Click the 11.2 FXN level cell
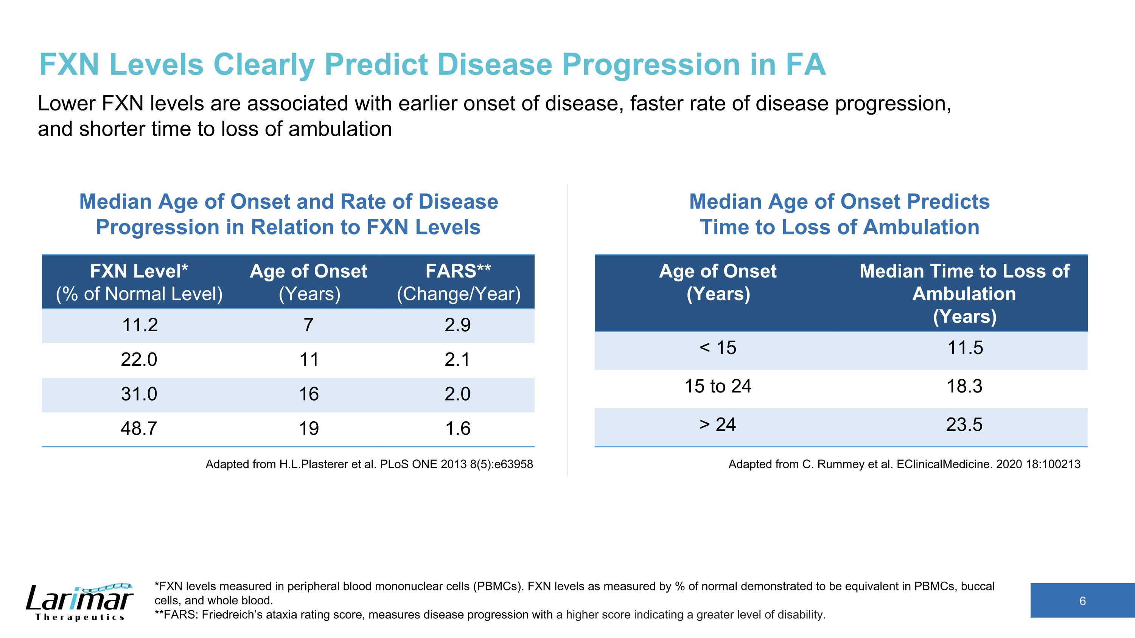pyautogui.click(x=140, y=325)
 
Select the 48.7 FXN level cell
pyautogui.click(x=139, y=428)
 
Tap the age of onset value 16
pyautogui.click(x=309, y=394)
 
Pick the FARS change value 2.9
pyautogui.click(x=458, y=325)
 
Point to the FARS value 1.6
pyautogui.click(x=458, y=428)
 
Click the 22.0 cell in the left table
pyautogui.click(x=139, y=359)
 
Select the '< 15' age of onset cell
pyautogui.click(x=718, y=348)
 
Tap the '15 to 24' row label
pyautogui.click(x=718, y=386)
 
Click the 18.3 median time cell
pyautogui.click(x=964, y=386)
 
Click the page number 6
pyautogui.click(x=1082, y=601)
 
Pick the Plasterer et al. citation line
pyautogui.click(x=369, y=464)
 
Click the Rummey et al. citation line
pyautogui.click(x=904, y=464)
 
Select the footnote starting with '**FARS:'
pyautogui.click(x=490, y=615)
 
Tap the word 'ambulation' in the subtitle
pyautogui.click(x=340, y=129)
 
